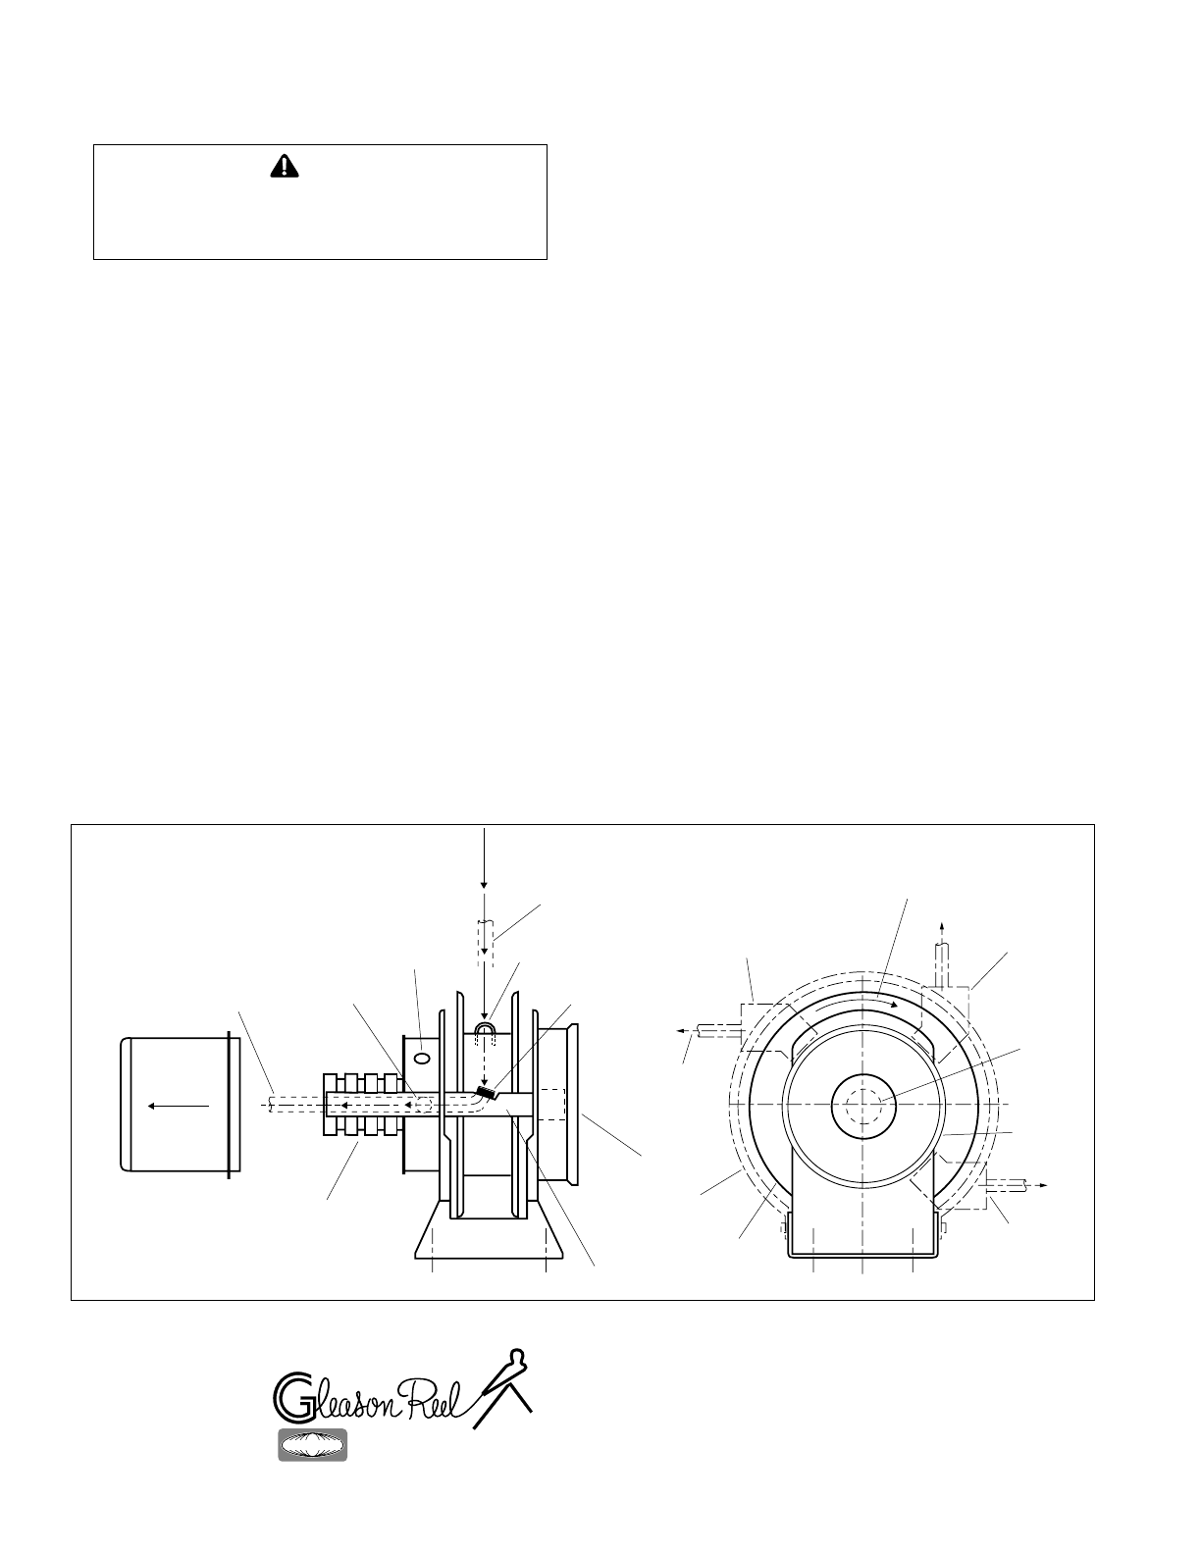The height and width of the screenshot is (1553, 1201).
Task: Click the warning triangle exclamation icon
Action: tap(284, 167)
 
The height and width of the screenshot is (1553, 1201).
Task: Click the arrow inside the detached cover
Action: tap(178, 1107)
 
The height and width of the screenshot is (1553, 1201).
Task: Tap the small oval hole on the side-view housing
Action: tap(422, 1058)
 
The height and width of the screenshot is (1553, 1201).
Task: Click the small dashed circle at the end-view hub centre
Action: tap(862, 1105)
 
